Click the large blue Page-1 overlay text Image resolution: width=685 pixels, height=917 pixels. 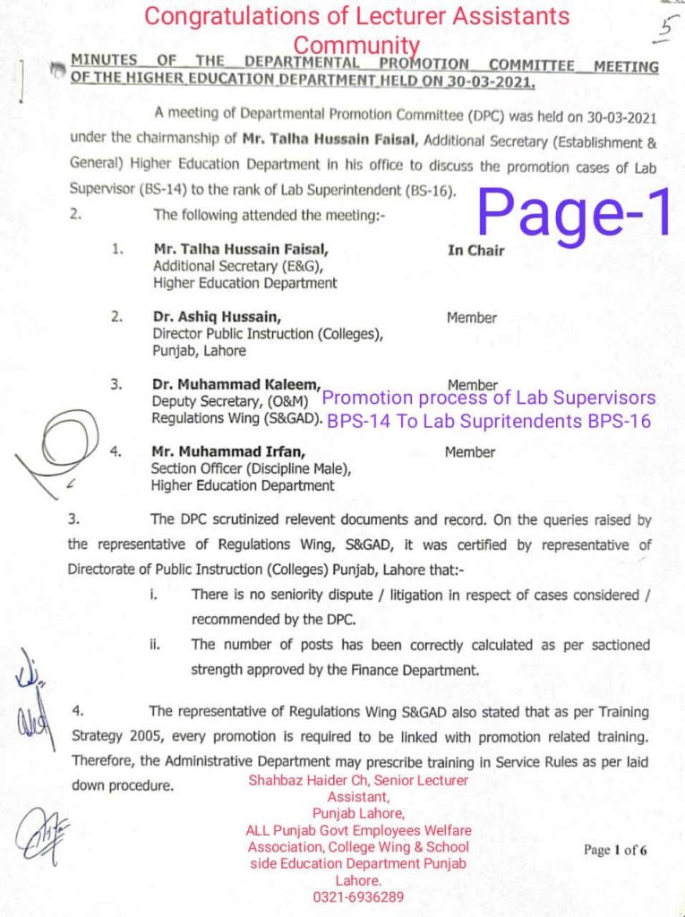(x=574, y=213)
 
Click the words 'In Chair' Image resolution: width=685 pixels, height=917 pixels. (x=475, y=251)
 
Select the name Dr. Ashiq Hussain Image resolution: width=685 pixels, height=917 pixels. (x=218, y=317)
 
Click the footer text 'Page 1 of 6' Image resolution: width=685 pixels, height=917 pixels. (x=615, y=850)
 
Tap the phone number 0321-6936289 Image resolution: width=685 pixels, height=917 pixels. (x=358, y=896)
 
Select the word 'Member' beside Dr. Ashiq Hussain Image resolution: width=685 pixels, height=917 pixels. (x=472, y=318)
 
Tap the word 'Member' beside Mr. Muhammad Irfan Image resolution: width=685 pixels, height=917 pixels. (x=469, y=452)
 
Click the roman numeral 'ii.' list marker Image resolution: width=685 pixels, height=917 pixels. (x=155, y=644)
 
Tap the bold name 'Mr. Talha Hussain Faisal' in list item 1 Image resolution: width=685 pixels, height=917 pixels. (x=241, y=250)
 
